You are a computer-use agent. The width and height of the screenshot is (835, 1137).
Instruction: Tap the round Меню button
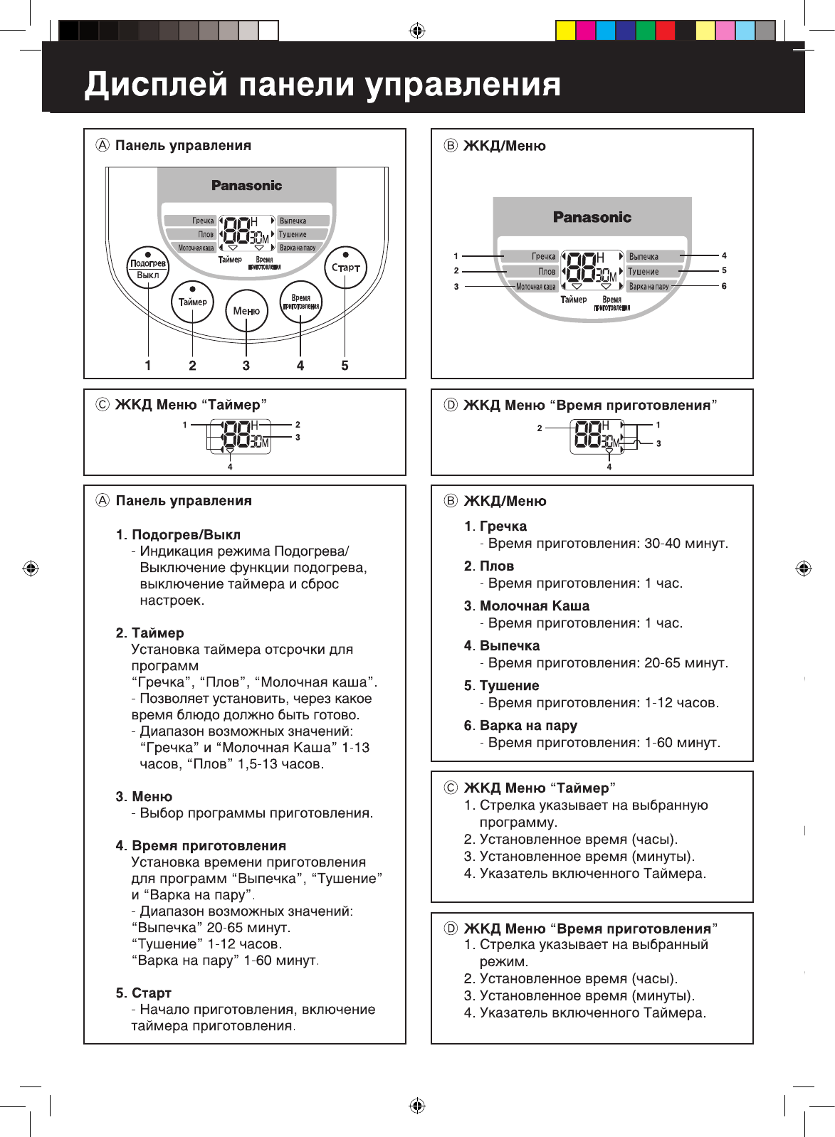click(x=246, y=311)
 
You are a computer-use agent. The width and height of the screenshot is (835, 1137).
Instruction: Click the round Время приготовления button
click(x=300, y=302)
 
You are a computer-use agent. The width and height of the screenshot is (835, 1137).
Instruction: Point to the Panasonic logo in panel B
click(x=592, y=217)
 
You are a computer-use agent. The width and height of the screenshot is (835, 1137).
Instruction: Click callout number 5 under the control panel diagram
click(x=345, y=366)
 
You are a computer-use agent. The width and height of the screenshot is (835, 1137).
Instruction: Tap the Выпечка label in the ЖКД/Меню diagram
click(x=644, y=256)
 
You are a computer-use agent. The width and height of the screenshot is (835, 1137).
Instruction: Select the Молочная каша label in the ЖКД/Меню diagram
click(x=536, y=287)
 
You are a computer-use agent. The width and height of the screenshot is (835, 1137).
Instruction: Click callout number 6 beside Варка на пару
click(x=724, y=286)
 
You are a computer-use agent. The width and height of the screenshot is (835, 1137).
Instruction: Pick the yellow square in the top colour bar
click(x=565, y=31)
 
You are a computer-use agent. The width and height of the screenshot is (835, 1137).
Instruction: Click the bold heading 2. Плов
click(x=489, y=566)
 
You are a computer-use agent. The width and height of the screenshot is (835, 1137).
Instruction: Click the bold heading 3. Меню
click(x=144, y=797)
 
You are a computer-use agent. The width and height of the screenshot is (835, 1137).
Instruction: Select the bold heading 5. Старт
click(x=144, y=993)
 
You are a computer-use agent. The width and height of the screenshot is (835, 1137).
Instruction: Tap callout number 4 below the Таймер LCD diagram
click(x=230, y=467)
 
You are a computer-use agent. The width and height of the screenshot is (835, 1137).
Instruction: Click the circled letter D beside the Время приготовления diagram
click(x=451, y=406)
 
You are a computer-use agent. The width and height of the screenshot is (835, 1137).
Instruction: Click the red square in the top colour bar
click(x=665, y=31)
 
